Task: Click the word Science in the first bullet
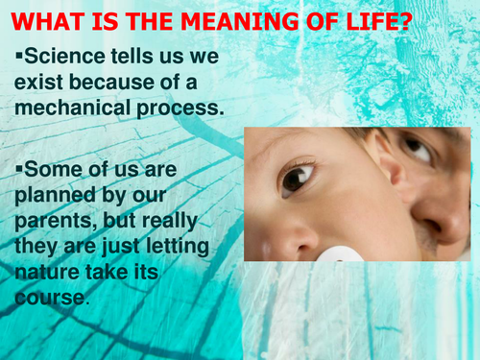tap(63, 58)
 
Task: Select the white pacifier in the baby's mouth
tap(341, 255)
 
